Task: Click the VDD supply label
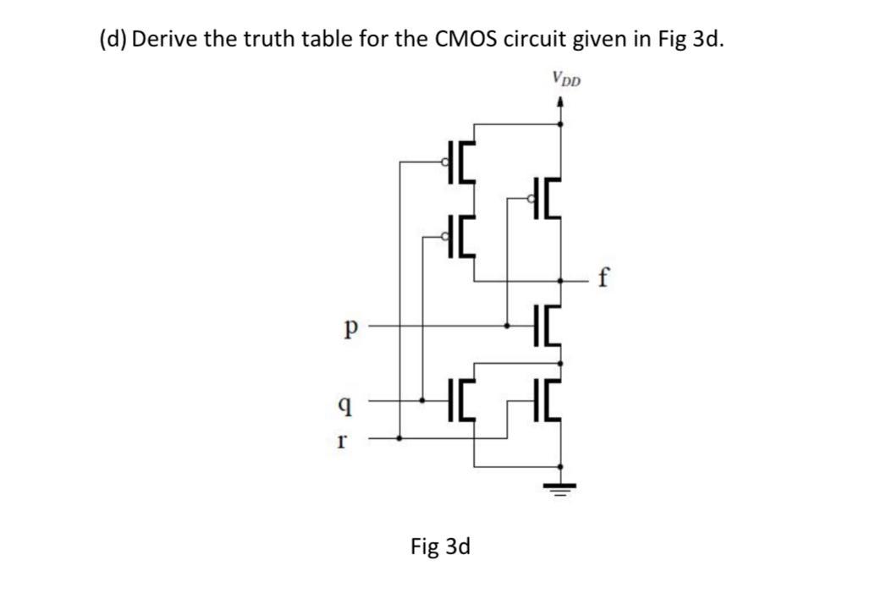click(x=566, y=79)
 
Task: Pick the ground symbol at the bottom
click(x=559, y=488)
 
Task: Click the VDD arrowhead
click(x=560, y=102)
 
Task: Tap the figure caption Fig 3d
click(x=440, y=546)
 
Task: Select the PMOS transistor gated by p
click(x=544, y=198)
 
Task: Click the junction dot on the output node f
click(x=560, y=282)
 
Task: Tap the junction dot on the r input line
click(x=399, y=438)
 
